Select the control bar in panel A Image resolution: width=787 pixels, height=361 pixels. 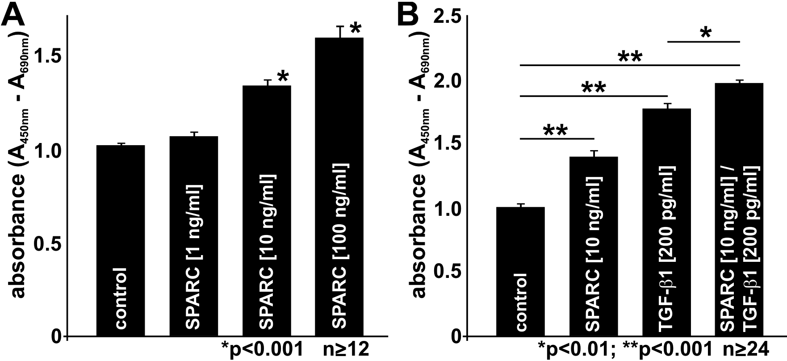[x=120, y=241]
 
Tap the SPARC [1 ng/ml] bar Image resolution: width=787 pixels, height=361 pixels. [x=193, y=237]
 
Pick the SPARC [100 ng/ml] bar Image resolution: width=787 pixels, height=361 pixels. [x=339, y=188]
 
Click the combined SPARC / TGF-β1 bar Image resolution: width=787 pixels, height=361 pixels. [x=739, y=210]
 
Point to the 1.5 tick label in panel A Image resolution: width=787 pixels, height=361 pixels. [x=47, y=56]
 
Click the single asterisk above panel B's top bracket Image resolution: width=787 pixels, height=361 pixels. [x=705, y=33]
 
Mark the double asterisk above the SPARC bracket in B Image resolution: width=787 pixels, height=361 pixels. [x=555, y=130]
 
